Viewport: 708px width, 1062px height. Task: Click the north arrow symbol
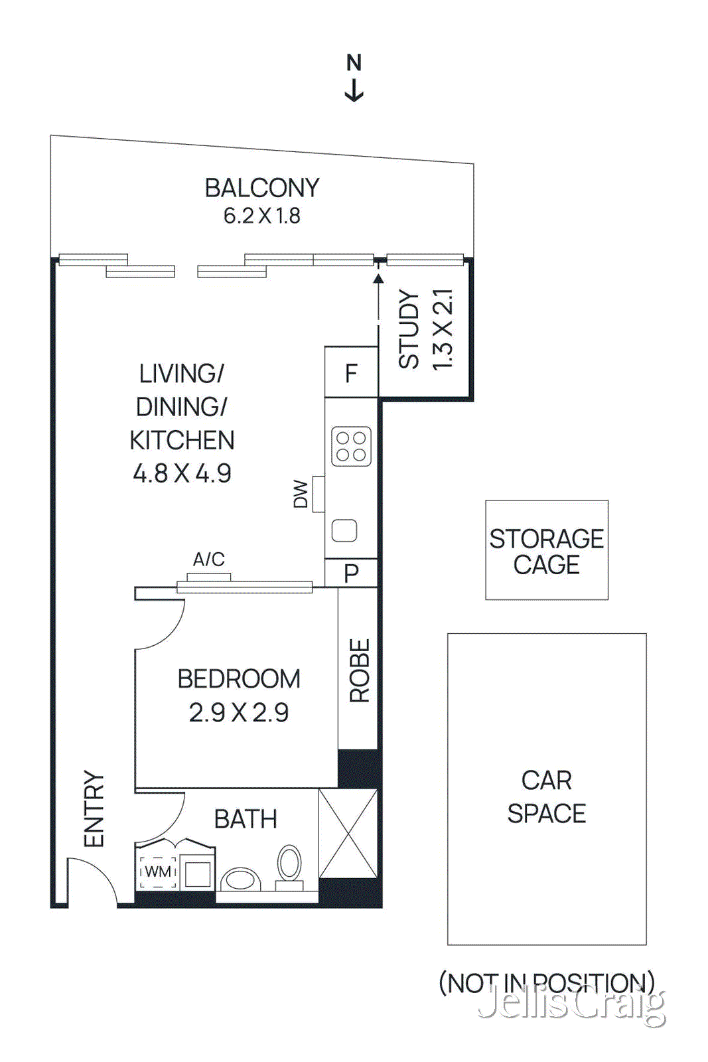pyautogui.click(x=354, y=89)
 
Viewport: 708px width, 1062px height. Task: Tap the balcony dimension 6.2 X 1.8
pyautogui.click(x=261, y=216)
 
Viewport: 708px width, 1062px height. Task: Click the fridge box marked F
pyautogui.click(x=351, y=373)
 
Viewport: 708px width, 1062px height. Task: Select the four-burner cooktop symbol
pyautogui.click(x=351, y=446)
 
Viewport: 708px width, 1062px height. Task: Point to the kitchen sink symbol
pyautogui.click(x=344, y=530)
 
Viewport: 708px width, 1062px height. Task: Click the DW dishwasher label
pyautogui.click(x=301, y=494)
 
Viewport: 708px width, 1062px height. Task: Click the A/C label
pyautogui.click(x=208, y=560)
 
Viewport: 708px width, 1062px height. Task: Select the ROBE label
pyautogui.click(x=359, y=670)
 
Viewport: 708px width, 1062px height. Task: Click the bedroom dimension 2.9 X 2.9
pyautogui.click(x=239, y=713)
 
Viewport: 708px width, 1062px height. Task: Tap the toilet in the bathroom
pyautogui.click(x=289, y=867)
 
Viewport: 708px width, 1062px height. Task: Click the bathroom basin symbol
pyautogui.click(x=240, y=879)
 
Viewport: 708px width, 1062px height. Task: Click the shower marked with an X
pyautogui.click(x=348, y=834)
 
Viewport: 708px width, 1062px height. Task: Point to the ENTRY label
pyautogui.click(x=94, y=808)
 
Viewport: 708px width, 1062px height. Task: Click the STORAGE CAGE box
pyautogui.click(x=546, y=550)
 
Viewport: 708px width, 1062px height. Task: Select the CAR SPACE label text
pyautogui.click(x=546, y=796)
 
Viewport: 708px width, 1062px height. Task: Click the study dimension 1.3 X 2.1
pyautogui.click(x=442, y=330)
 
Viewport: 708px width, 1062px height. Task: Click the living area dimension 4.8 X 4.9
pyautogui.click(x=182, y=474)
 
